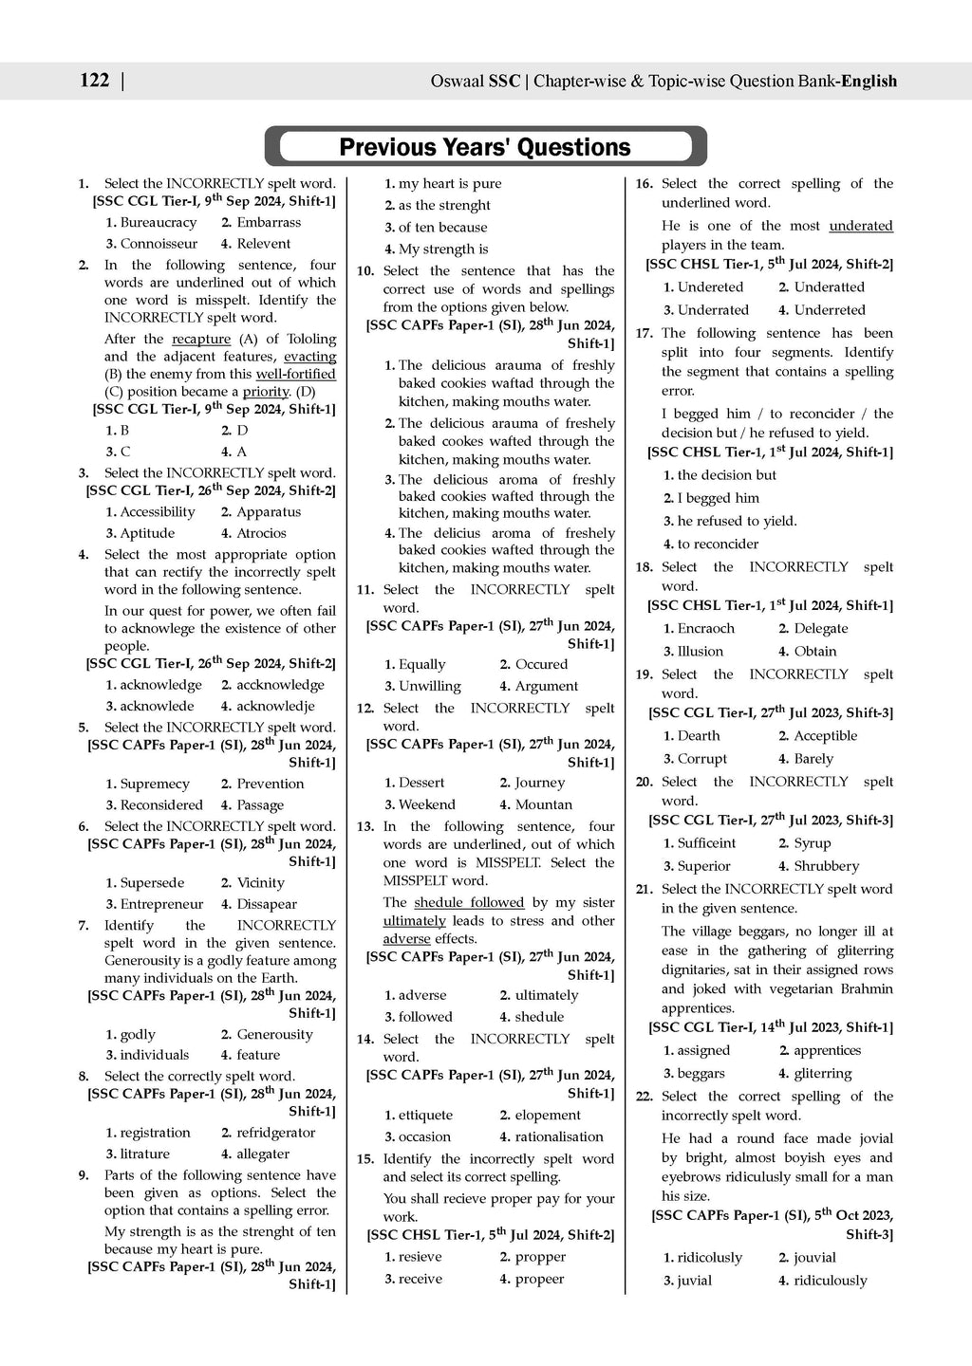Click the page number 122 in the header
pos(95,81)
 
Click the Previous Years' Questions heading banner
pos(485,147)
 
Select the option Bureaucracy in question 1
pos(158,223)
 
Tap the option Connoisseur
pos(159,244)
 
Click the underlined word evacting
pos(309,357)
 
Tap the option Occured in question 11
pos(541,665)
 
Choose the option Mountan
pos(543,804)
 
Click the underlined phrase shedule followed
pos(469,902)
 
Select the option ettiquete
pos(425,1116)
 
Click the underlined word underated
pos(861,226)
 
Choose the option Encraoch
pos(705,629)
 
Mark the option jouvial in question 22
pos(814,1258)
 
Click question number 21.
pos(645,889)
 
